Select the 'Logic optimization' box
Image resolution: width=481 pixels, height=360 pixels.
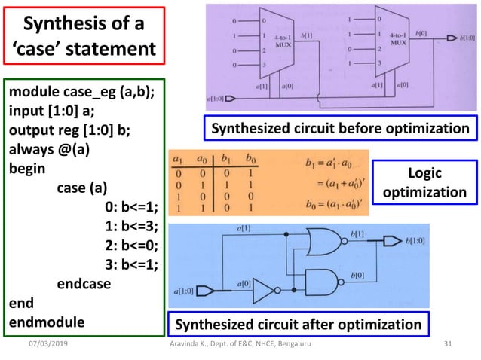pyautogui.click(x=424, y=183)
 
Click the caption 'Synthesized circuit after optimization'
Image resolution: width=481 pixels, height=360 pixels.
pyautogui.click(x=299, y=325)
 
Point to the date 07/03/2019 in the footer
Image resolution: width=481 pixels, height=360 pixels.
pyautogui.click(x=45, y=344)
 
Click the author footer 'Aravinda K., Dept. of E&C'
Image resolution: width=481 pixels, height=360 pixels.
pyautogui.click(x=240, y=344)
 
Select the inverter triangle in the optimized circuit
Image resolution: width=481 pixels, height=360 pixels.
pyautogui.click(x=263, y=288)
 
